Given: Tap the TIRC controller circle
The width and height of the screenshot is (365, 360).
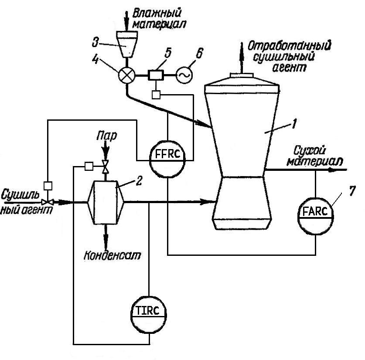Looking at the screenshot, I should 149,312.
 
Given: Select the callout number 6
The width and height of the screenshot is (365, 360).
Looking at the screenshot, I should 199,54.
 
